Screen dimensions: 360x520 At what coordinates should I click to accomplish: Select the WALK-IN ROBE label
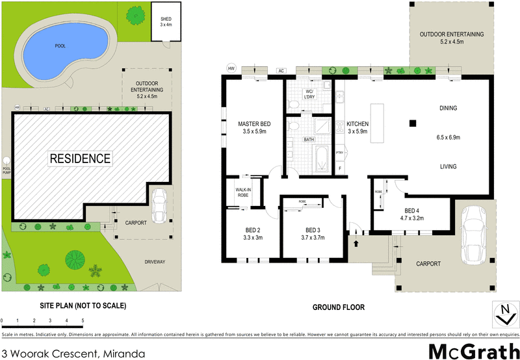pos(244,192)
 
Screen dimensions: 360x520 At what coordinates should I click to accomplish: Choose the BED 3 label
pos(313,233)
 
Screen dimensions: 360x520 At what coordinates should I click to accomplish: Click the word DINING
pos(448,109)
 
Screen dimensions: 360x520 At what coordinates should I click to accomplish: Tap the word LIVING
pos(448,166)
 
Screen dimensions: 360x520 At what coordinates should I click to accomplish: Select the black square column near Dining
pos(412,123)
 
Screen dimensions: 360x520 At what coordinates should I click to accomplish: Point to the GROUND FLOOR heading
pos(338,307)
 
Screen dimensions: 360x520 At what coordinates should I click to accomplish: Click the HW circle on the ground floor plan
pos(230,68)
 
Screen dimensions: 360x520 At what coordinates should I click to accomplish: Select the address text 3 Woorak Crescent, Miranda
pos(73,354)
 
